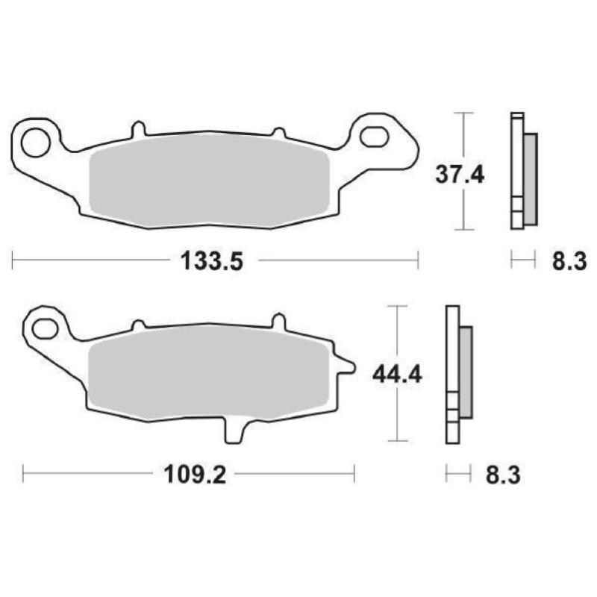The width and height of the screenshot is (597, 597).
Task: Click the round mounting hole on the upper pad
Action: coord(34,142)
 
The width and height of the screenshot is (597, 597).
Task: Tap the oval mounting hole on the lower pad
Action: coord(46,327)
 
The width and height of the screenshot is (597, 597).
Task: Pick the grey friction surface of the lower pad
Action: coord(209,373)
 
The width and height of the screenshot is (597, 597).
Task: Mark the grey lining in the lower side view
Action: coord(465,372)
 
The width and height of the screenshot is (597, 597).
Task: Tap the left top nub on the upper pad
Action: coord(137,130)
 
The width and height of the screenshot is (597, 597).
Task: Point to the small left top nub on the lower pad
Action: coord(137,325)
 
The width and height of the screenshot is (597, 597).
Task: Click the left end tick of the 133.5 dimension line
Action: coord(13,260)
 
